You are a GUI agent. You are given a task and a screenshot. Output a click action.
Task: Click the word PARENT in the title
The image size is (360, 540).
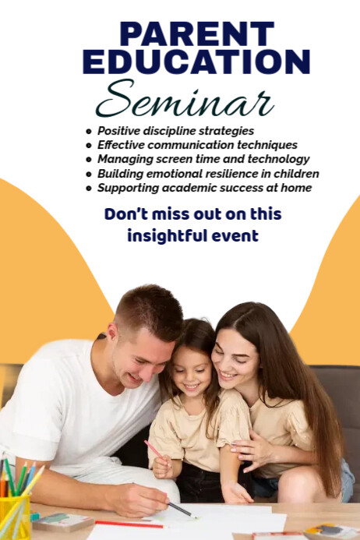pos(196,34)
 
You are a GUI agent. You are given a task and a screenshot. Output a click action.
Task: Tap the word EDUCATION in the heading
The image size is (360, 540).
pos(196,62)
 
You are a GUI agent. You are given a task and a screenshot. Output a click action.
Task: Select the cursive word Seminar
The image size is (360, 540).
pos(185,101)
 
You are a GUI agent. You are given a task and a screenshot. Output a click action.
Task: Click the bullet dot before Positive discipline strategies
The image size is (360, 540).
pos(89,132)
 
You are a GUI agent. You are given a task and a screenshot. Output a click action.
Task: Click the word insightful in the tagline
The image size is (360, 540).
pos(158,235)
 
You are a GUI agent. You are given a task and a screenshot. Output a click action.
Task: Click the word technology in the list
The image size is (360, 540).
pos(281,159)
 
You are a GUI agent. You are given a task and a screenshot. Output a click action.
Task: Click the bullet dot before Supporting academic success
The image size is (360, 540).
pos(89,189)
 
